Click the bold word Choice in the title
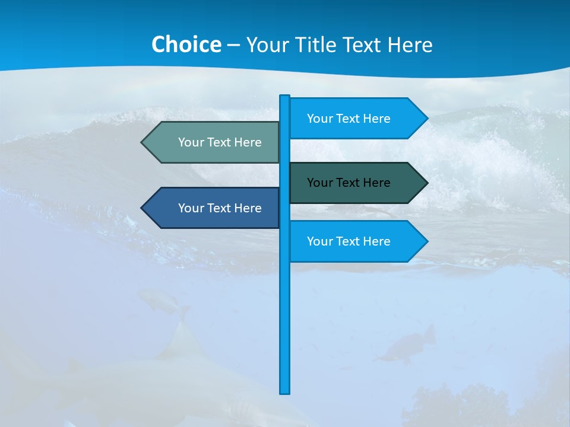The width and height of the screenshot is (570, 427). tap(186, 44)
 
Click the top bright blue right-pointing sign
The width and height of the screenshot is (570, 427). tap(350, 119)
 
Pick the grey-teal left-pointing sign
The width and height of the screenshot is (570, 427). tap(214, 142)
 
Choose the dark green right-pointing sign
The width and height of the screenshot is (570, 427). tap(350, 183)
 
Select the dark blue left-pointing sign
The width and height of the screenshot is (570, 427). tap(214, 208)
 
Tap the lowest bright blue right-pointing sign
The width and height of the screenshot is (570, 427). tap(350, 241)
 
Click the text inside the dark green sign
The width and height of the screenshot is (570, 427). tap(349, 183)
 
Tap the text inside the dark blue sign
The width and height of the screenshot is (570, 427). tap(220, 208)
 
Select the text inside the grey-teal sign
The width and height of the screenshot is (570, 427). tap(220, 142)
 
